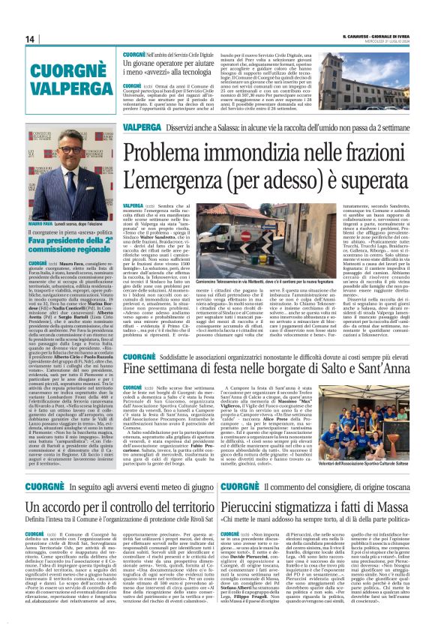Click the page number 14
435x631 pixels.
(30, 40)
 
